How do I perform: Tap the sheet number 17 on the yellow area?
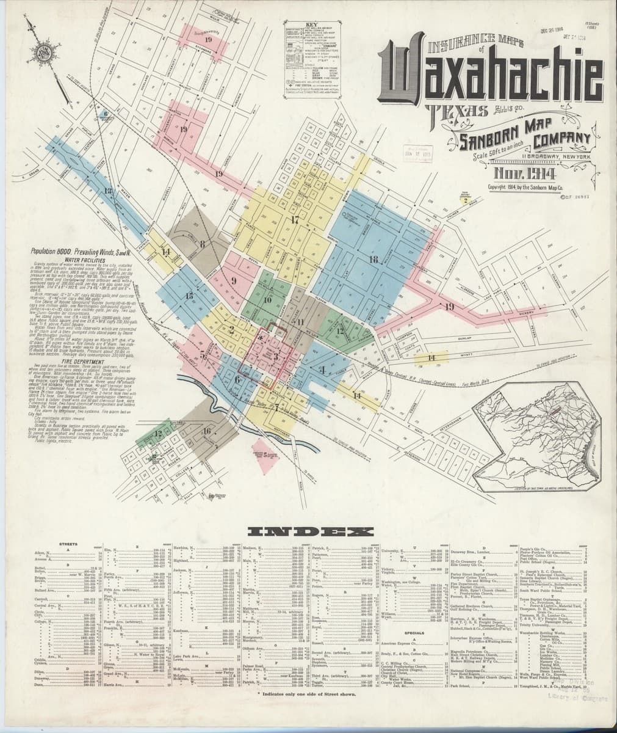(x=295, y=220)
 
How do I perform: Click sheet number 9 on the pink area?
(x=234, y=281)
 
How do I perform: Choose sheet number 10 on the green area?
(x=267, y=299)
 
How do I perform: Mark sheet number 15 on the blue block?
(x=190, y=296)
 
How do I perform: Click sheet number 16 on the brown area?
(x=206, y=431)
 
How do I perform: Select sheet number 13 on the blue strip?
(x=109, y=191)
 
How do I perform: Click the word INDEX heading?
(x=308, y=531)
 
